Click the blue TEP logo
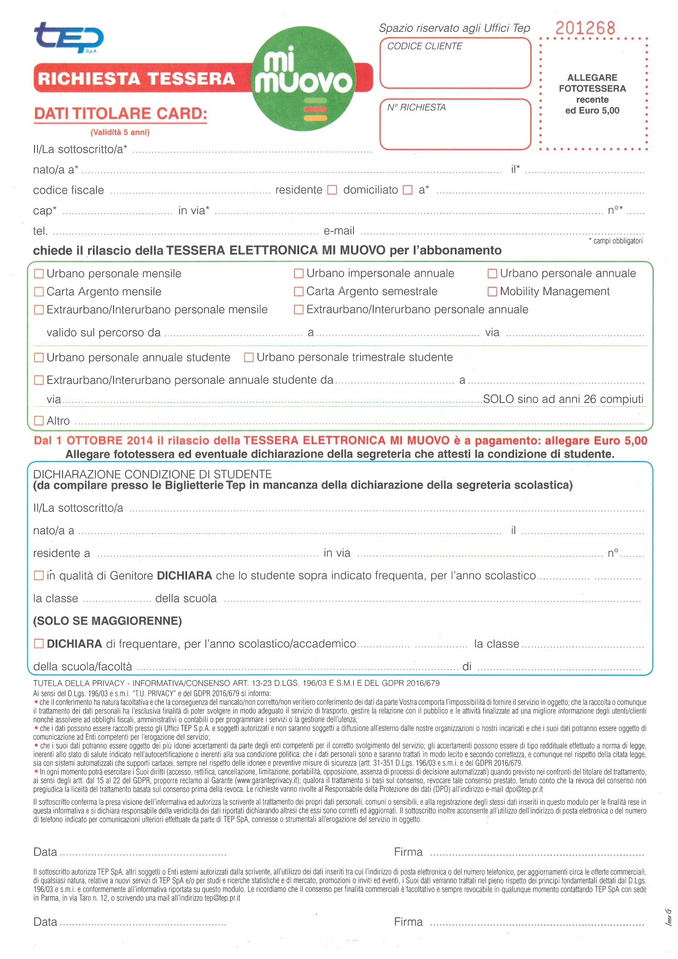tap(68, 38)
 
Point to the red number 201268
tap(585, 28)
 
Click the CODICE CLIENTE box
tap(455, 63)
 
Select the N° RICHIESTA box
tap(455, 124)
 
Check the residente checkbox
tap(332, 190)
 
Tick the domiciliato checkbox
tap(407, 190)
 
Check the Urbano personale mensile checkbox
tap(39, 273)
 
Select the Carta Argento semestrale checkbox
tap(299, 291)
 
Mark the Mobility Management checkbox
tap(492, 291)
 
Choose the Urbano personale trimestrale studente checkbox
tap(249, 358)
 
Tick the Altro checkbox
tap(39, 420)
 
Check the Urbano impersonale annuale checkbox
tap(299, 273)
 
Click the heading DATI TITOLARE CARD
tap(120, 114)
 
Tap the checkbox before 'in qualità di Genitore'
tap(39, 575)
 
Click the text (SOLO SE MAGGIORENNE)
tap(107, 621)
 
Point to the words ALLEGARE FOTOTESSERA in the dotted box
tap(592, 83)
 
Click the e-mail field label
tap(339, 231)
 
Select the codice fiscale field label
tap(68, 190)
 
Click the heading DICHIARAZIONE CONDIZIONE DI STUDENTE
tap(152, 474)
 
